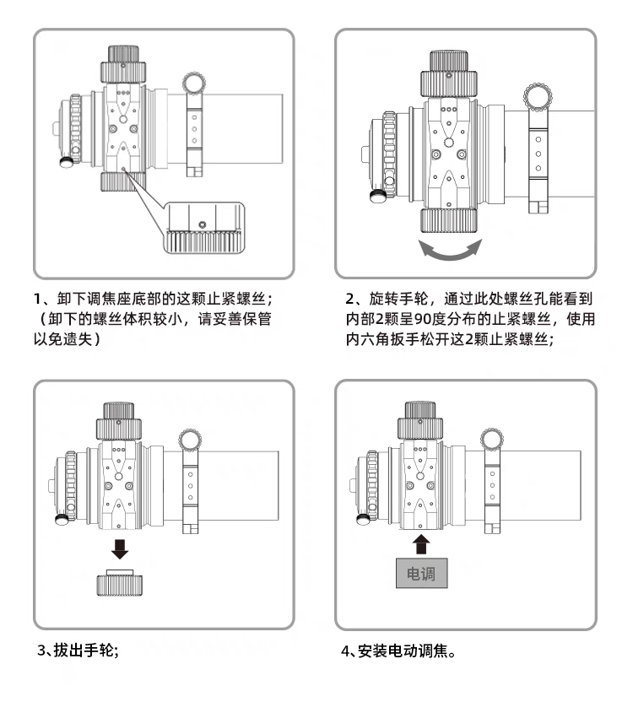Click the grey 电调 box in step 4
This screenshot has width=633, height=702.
(421, 573)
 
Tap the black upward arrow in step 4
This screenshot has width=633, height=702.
(420, 544)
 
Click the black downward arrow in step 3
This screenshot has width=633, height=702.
(120, 549)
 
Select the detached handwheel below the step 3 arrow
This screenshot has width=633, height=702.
(120, 583)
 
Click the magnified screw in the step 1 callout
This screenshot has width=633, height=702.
(203, 224)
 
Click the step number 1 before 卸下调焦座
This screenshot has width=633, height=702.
(38, 299)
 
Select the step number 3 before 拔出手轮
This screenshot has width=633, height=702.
(41, 650)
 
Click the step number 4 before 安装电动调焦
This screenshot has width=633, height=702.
(345, 651)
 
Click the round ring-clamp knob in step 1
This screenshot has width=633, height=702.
(194, 84)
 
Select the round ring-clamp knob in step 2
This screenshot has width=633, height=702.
(538, 97)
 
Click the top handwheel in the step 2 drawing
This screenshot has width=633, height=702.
(448, 74)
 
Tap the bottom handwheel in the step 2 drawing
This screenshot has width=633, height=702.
(448, 221)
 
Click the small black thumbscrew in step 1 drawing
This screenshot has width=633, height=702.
(67, 162)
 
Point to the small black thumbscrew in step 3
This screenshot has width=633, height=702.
(62, 520)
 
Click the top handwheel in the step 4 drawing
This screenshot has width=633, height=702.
(420, 421)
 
